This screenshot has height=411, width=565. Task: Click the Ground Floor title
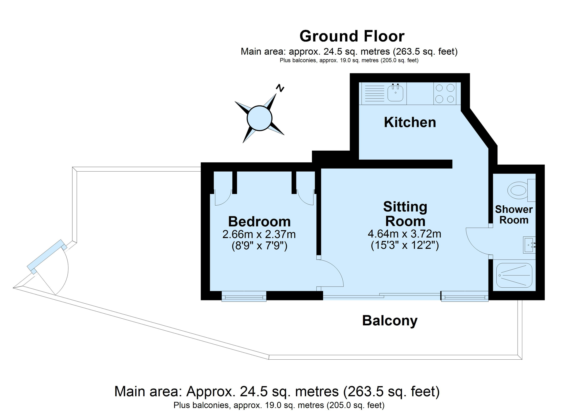[x=352, y=36]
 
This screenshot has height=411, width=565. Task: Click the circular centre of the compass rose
[x=259, y=118]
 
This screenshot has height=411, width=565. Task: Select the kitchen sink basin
[x=395, y=93]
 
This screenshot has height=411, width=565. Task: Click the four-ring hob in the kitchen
[x=445, y=93]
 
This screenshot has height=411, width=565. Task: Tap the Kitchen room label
[x=410, y=122]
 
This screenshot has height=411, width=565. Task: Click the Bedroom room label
[x=259, y=222]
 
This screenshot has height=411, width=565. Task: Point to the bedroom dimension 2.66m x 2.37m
[x=259, y=234]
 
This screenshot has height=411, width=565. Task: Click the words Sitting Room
[x=405, y=214]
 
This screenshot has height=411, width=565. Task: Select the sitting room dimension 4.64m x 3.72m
[x=405, y=234]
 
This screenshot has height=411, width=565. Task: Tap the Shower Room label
[x=514, y=215]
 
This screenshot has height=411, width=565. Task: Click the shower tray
[x=514, y=275]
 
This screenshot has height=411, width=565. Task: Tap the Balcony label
[x=390, y=321]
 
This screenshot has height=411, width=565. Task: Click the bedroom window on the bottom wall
[x=244, y=296]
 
